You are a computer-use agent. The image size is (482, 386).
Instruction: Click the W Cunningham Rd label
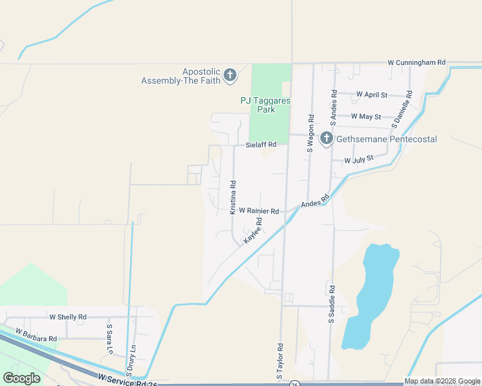point(416,62)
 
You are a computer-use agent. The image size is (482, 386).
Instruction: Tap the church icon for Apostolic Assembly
point(229,77)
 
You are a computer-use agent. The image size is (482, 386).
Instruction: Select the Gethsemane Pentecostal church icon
point(327,138)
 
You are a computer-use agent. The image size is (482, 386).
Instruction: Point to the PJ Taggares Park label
point(257,104)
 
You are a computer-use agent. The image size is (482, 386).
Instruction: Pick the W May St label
point(366,116)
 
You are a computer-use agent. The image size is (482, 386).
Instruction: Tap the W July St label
point(359,160)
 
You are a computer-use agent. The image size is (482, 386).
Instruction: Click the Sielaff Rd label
point(261,145)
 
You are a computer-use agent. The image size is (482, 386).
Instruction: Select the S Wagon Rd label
point(310,133)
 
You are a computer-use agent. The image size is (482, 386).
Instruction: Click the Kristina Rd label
point(233,197)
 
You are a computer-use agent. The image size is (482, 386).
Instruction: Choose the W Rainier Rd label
point(258,210)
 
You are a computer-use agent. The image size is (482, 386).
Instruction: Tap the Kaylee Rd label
point(253,230)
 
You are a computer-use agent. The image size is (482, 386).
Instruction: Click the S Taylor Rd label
point(281,364)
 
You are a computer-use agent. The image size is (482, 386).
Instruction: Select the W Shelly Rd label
point(68,317)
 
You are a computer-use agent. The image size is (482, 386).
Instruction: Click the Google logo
point(21,378)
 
